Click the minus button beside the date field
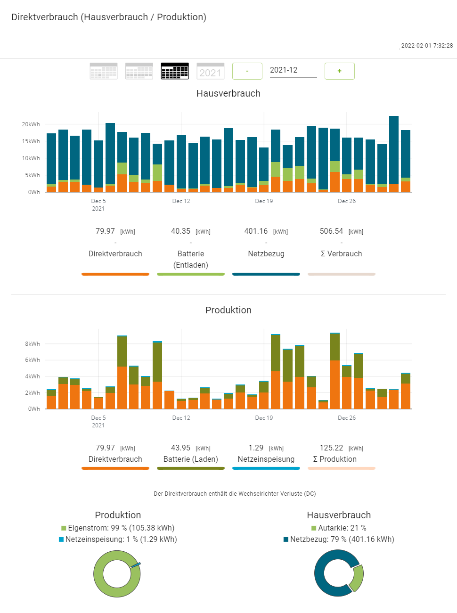(x=247, y=71)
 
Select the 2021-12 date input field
(x=293, y=70)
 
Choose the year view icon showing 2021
(x=210, y=71)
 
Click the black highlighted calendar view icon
(x=175, y=71)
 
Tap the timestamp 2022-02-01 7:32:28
(x=426, y=46)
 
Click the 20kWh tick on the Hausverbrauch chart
(x=31, y=124)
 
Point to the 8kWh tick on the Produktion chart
(x=33, y=344)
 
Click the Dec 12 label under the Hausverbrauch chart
(x=181, y=201)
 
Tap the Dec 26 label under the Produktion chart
(x=347, y=418)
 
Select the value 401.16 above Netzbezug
(x=256, y=231)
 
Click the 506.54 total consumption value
(x=331, y=231)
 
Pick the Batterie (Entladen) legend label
(x=191, y=259)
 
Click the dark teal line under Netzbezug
(x=266, y=274)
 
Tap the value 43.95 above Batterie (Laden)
(x=180, y=448)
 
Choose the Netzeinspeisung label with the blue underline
(x=266, y=459)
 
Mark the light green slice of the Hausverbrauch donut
(x=358, y=578)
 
